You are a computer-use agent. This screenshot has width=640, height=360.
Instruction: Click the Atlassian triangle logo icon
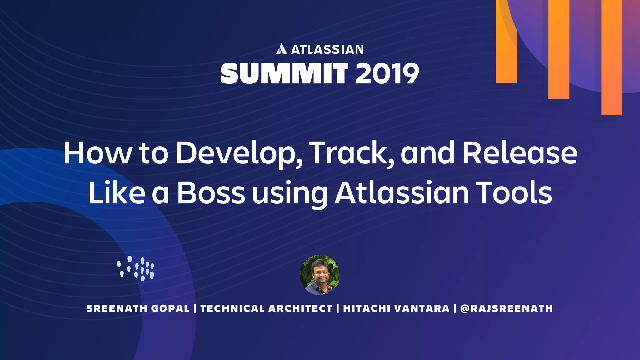point(281,49)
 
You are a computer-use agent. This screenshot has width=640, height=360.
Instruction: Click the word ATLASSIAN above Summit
point(327,50)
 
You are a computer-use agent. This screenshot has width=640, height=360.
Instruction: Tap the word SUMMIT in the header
point(284,73)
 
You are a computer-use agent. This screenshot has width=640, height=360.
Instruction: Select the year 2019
point(387,73)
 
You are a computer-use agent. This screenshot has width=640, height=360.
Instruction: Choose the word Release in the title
point(520,153)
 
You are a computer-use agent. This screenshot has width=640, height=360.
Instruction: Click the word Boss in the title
point(211,192)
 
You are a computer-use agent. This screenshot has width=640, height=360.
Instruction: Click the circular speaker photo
point(320,275)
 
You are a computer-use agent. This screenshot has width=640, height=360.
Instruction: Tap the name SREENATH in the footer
point(116,308)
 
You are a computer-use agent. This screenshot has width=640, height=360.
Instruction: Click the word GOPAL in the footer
point(170,308)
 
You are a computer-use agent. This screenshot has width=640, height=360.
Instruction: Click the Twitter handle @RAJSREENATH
point(507,308)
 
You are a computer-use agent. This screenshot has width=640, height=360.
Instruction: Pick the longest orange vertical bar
point(612,57)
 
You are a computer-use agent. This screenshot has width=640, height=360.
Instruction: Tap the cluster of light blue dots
point(136,269)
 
